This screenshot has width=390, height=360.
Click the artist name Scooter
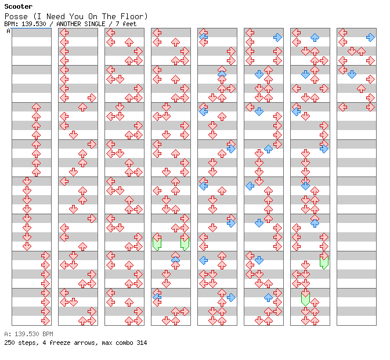click(18, 7)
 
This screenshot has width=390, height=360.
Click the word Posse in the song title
click(15, 16)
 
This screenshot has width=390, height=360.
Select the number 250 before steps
click(9, 343)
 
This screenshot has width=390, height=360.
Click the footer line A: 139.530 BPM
click(28, 334)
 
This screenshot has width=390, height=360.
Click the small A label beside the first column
click(8, 31)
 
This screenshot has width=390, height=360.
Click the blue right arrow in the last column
click(370, 37)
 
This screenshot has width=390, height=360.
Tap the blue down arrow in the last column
click(352, 74)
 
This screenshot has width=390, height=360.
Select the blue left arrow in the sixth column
click(250, 186)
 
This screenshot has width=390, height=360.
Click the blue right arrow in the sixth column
click(277, 37)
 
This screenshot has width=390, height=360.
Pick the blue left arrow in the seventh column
click(296, 111)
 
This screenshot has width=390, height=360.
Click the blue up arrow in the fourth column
click(175, 260)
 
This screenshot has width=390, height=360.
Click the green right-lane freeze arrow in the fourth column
click(185, 243)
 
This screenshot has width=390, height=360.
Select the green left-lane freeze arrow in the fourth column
click(157, 243)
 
